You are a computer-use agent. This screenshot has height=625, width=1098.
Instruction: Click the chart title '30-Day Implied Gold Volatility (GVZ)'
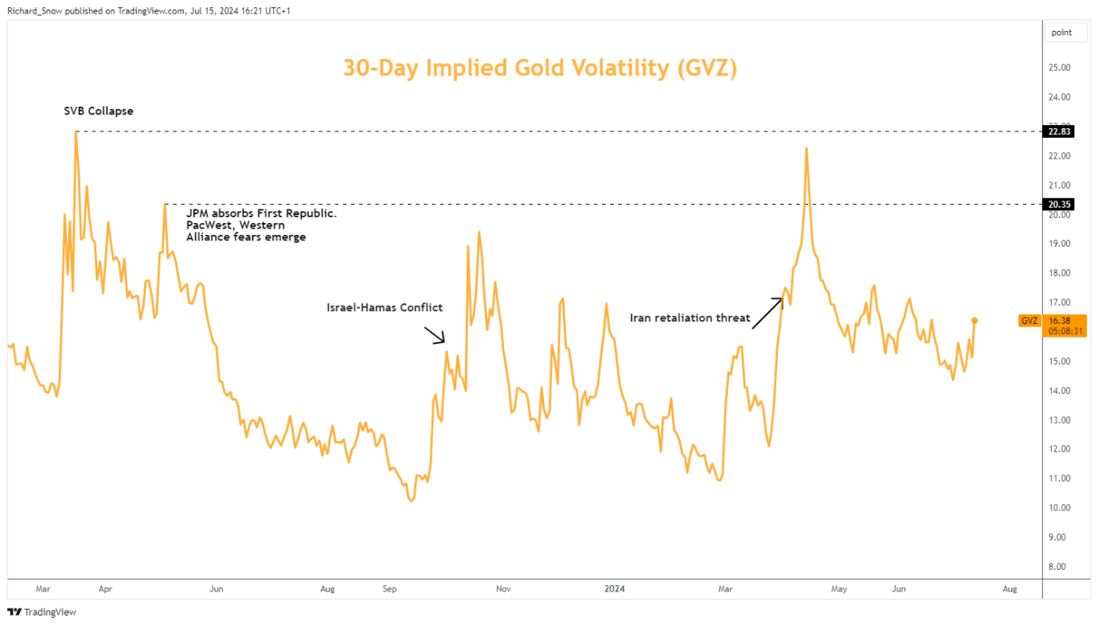tap(540, 68)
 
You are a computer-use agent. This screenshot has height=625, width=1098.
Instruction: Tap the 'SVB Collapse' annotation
tap(99, 111)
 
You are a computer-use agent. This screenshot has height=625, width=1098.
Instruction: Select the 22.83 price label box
tap(1057, 132)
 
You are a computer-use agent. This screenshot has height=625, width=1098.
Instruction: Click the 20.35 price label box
tap(1057, 205)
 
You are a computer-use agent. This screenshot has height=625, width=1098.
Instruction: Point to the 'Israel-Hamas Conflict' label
tap(384, 307)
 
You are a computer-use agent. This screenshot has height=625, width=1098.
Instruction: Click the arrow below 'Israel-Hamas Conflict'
tap(435, 334)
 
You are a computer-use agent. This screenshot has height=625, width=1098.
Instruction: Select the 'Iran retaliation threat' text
tap(690, 318)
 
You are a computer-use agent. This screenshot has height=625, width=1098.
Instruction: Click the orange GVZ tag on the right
tap(1029, 321)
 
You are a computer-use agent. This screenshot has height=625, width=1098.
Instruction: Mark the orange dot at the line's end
tap(974, 320)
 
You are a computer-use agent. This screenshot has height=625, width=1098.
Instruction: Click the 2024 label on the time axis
tap(615, 589)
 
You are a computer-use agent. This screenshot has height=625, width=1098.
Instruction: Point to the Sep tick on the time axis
tap(389, 589)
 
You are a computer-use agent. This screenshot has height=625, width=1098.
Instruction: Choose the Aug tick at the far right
tap(1010, 589)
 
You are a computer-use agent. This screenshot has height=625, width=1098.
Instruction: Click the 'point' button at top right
tap(1061, 33)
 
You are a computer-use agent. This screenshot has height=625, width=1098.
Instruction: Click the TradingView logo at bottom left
tap(41, 612)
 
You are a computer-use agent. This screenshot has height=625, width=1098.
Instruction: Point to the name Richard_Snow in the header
tap(33, 12)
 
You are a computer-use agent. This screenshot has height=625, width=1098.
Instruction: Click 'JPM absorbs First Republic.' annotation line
tap(261, 214)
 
